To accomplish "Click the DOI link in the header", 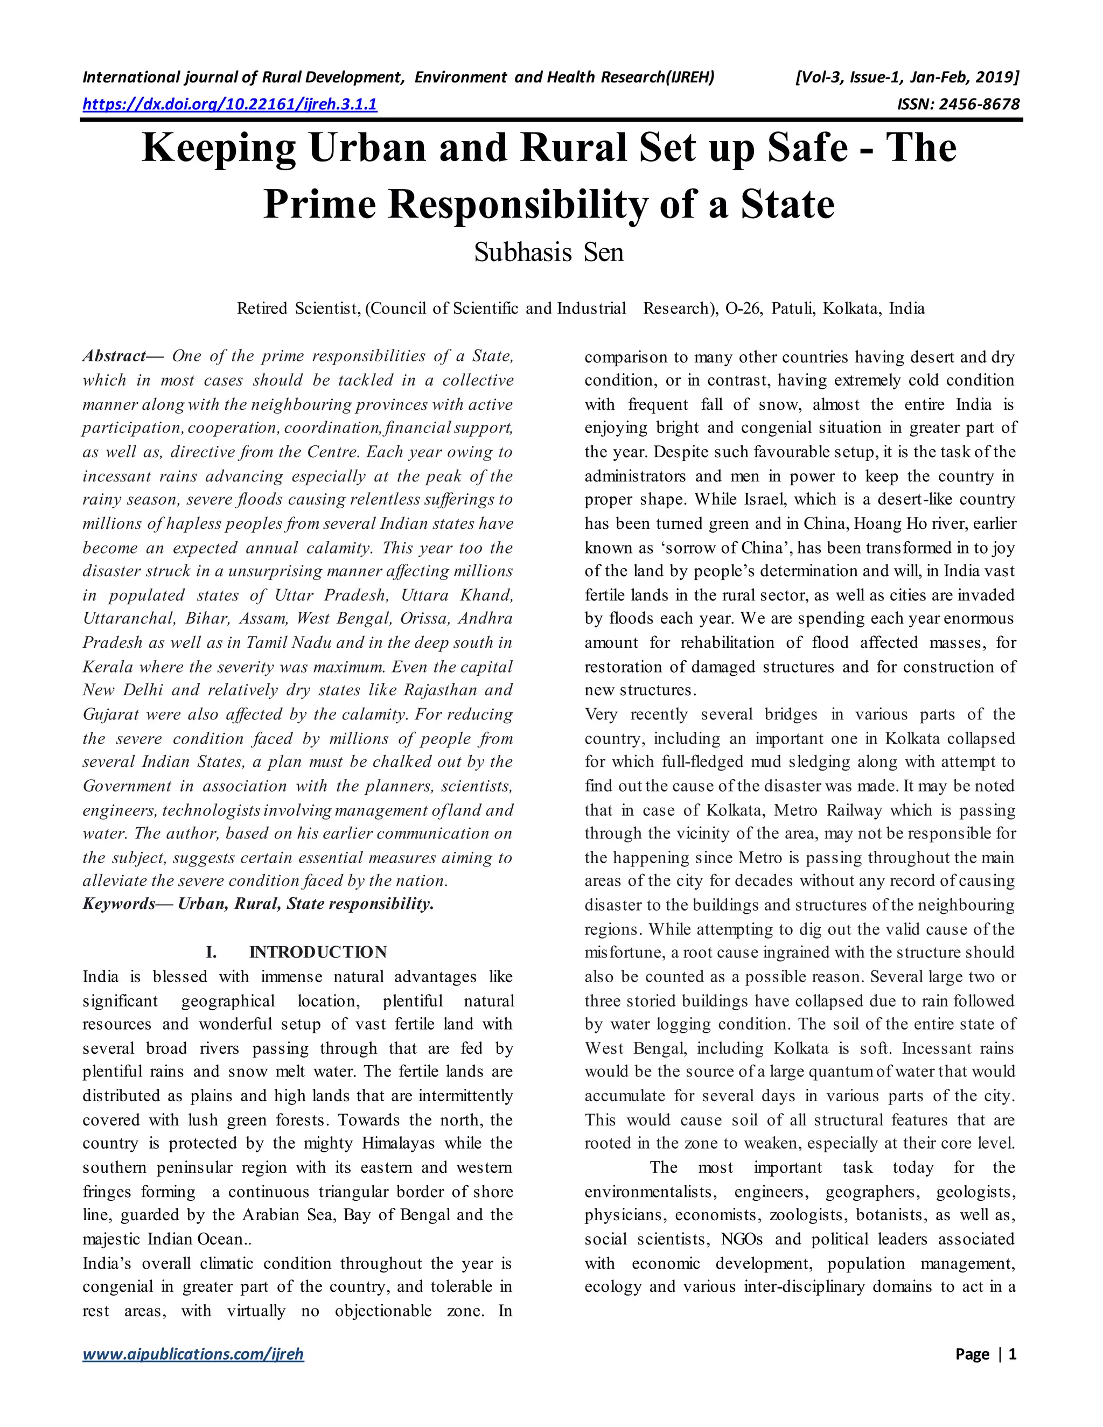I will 229,104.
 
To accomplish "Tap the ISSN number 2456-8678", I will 958,104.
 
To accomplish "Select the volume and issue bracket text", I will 907,78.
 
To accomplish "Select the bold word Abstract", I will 114,356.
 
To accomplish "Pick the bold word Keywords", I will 118,904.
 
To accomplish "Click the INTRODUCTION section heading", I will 318,952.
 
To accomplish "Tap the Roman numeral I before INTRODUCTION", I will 211,952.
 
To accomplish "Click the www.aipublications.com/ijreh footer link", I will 193,1354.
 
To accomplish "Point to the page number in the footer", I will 1011,1354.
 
